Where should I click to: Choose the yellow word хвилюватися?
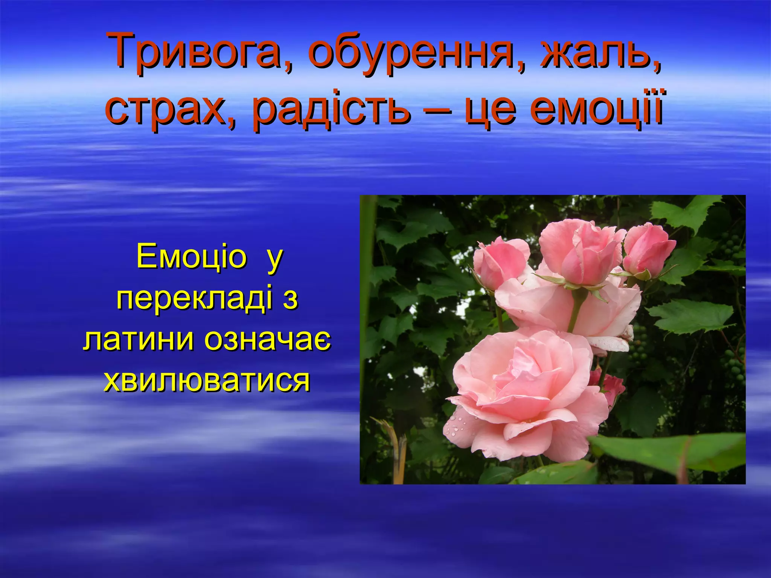[207, 380]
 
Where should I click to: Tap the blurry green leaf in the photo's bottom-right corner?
[678, 452]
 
